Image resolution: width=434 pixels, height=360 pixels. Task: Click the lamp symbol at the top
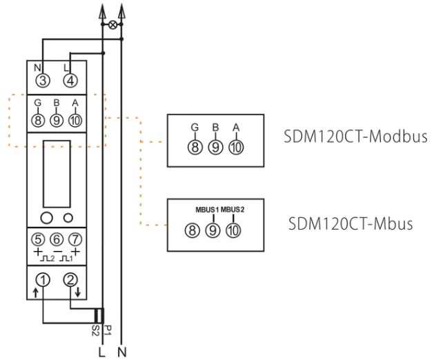click(x=112, y=23)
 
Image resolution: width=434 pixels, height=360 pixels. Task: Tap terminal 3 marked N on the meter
click(x=43, y=81)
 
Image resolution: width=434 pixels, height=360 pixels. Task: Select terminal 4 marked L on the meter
click(x=70, y=81)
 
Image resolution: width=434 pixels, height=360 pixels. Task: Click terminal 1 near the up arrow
click(x=42, y=280)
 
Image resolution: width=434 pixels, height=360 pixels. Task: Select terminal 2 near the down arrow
click(x=70, y=280)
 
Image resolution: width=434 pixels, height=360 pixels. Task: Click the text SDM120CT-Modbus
click(x=356, y=136)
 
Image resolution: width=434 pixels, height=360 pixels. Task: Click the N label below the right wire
click(x=123, y=350)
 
